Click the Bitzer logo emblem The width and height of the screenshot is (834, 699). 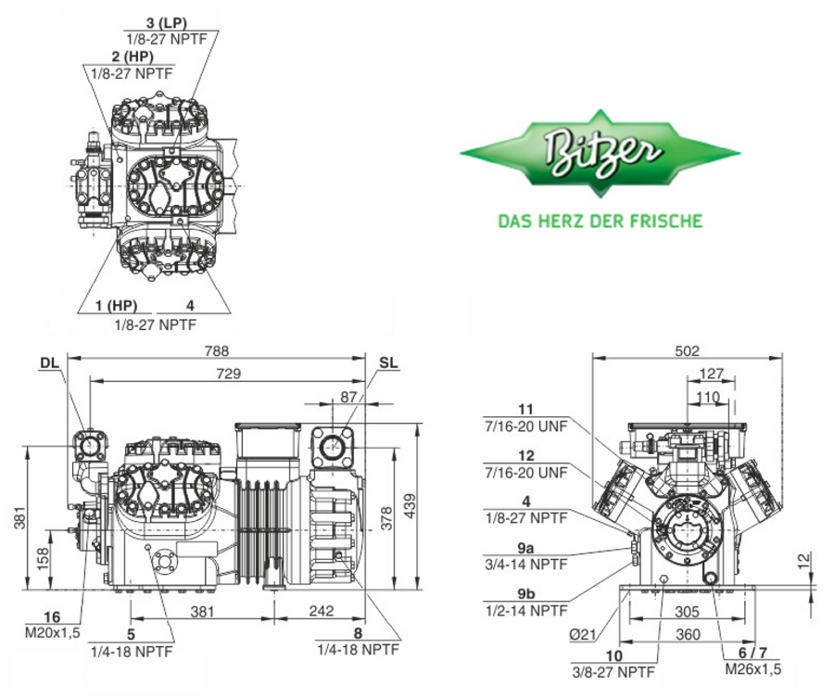pyautogui.click(x=600, y=153)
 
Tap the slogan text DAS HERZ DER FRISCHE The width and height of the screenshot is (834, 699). pyautogui.click(x=600, y=221)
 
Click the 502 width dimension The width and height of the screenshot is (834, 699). pyautogui.click(x=687, y=351)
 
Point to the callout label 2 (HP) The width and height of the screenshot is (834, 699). pyautogui.click(x=133, y=56)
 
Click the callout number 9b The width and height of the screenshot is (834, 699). pyautogui.click(x=526, y=593)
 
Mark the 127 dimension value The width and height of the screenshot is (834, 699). pyautogui.click(x=711, y=375)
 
